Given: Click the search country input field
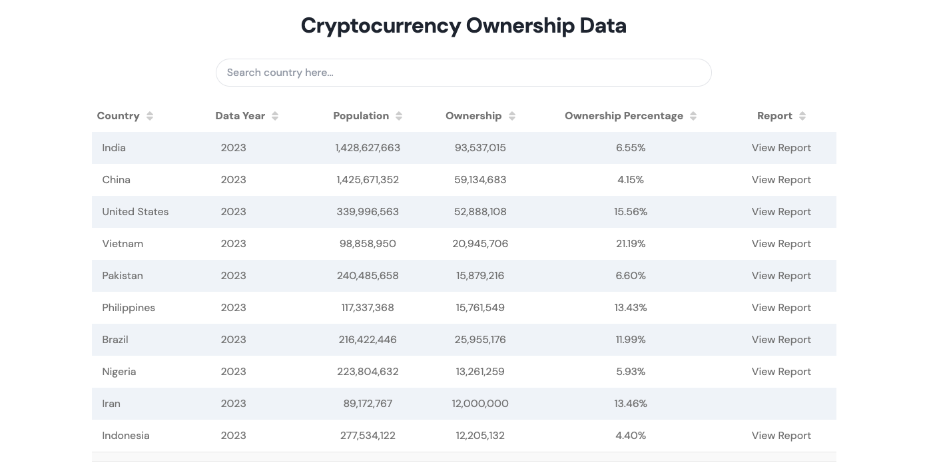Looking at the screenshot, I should tap(463, 73).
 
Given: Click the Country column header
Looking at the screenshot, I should tap(118, 116).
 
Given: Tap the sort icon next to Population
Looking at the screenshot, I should tap(399, 116).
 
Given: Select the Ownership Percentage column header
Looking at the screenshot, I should tap(623, 116).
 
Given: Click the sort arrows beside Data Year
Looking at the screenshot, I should tap(275, 116).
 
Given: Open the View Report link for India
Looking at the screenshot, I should tap(781, 148).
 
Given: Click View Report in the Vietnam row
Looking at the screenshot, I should tap(781, 244).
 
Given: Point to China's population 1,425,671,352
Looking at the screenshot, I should tap(368, 180).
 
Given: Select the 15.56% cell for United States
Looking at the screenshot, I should tap(631, 212).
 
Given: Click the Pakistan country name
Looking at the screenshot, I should tap(123, 276).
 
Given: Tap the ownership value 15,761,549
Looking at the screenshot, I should tap(480, 308).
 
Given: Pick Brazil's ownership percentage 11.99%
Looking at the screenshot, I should tap(631, 340).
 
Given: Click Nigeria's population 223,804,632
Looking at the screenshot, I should tap(368, 372).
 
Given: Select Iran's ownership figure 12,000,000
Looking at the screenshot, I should tap(480, 404).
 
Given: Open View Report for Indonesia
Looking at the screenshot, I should tap(781, 436).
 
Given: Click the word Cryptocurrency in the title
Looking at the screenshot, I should tap(380, 26).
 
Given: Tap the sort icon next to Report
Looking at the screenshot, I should tap(802, 116).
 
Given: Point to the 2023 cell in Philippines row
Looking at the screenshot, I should tap(233, 308).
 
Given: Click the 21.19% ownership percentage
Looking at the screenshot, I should tap(631, 244).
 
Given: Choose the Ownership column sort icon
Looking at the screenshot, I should tap(512, 116).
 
